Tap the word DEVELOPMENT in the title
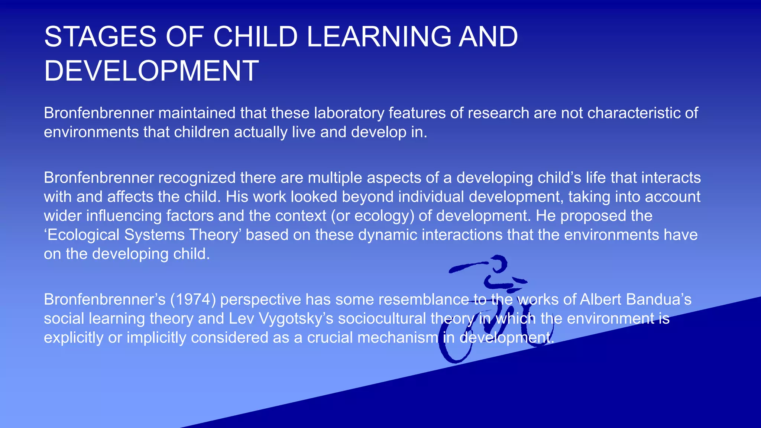click(x=151, y=71)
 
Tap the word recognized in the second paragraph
click(x=197, y=178)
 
